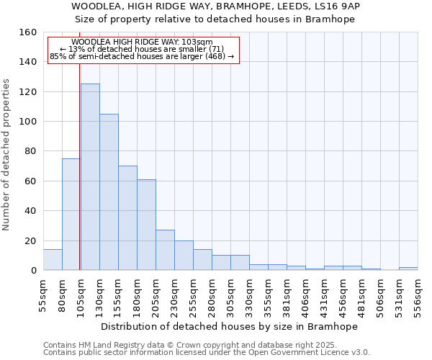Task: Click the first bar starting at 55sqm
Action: tap(53, 260)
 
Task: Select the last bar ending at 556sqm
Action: tap(408, 269)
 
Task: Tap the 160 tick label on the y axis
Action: tap(27, 32)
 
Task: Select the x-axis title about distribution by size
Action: tap(229, 326)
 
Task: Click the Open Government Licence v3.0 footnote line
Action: tap(206, 352)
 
